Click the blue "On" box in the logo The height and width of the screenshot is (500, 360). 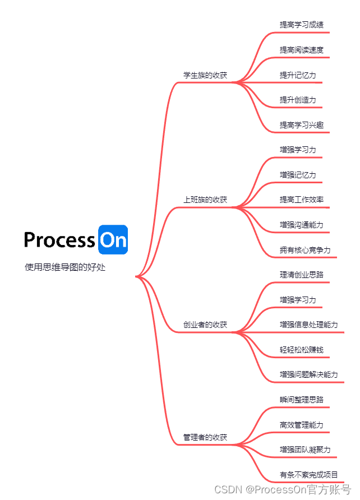[113, 240]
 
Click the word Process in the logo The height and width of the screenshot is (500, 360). [59, 240]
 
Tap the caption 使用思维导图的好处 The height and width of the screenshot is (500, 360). [65, 267]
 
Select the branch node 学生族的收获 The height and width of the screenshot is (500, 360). [205, 75]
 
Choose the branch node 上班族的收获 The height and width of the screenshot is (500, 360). [205, 200]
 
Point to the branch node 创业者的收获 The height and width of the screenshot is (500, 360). [205, 325]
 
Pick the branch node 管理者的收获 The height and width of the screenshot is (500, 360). [205, 437]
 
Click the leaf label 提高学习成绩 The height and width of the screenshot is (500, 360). [302, 25]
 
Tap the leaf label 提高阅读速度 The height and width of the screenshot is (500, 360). [302, 50]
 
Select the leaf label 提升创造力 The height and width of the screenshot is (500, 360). [298, 100]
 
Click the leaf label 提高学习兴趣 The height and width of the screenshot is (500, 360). [302, 125]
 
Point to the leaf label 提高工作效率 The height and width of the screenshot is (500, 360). [302, 200]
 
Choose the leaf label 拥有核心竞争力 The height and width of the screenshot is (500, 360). [305, 250]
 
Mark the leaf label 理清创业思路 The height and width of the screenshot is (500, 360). [302, 275]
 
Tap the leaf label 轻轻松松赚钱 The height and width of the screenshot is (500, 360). [302, 350]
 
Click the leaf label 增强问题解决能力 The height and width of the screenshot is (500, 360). [309, 374]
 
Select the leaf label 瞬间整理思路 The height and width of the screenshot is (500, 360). [302, 400]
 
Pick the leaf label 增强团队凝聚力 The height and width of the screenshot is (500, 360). [305, 450]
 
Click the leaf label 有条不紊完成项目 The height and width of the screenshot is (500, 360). [309, 475]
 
